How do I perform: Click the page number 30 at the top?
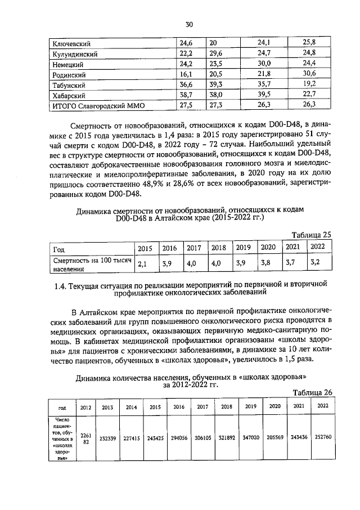coord(189,24)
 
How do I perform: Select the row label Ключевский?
coord(72,43)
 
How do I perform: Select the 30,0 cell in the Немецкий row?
coord(264,64)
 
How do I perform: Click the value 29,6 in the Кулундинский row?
coord(216,53)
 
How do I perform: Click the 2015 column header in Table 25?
coord(145,248)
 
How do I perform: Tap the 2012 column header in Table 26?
coord(85,406)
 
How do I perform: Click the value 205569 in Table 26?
coord(275,436)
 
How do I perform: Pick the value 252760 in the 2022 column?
coord(323,436)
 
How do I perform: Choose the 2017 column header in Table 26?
coord(202,406)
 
